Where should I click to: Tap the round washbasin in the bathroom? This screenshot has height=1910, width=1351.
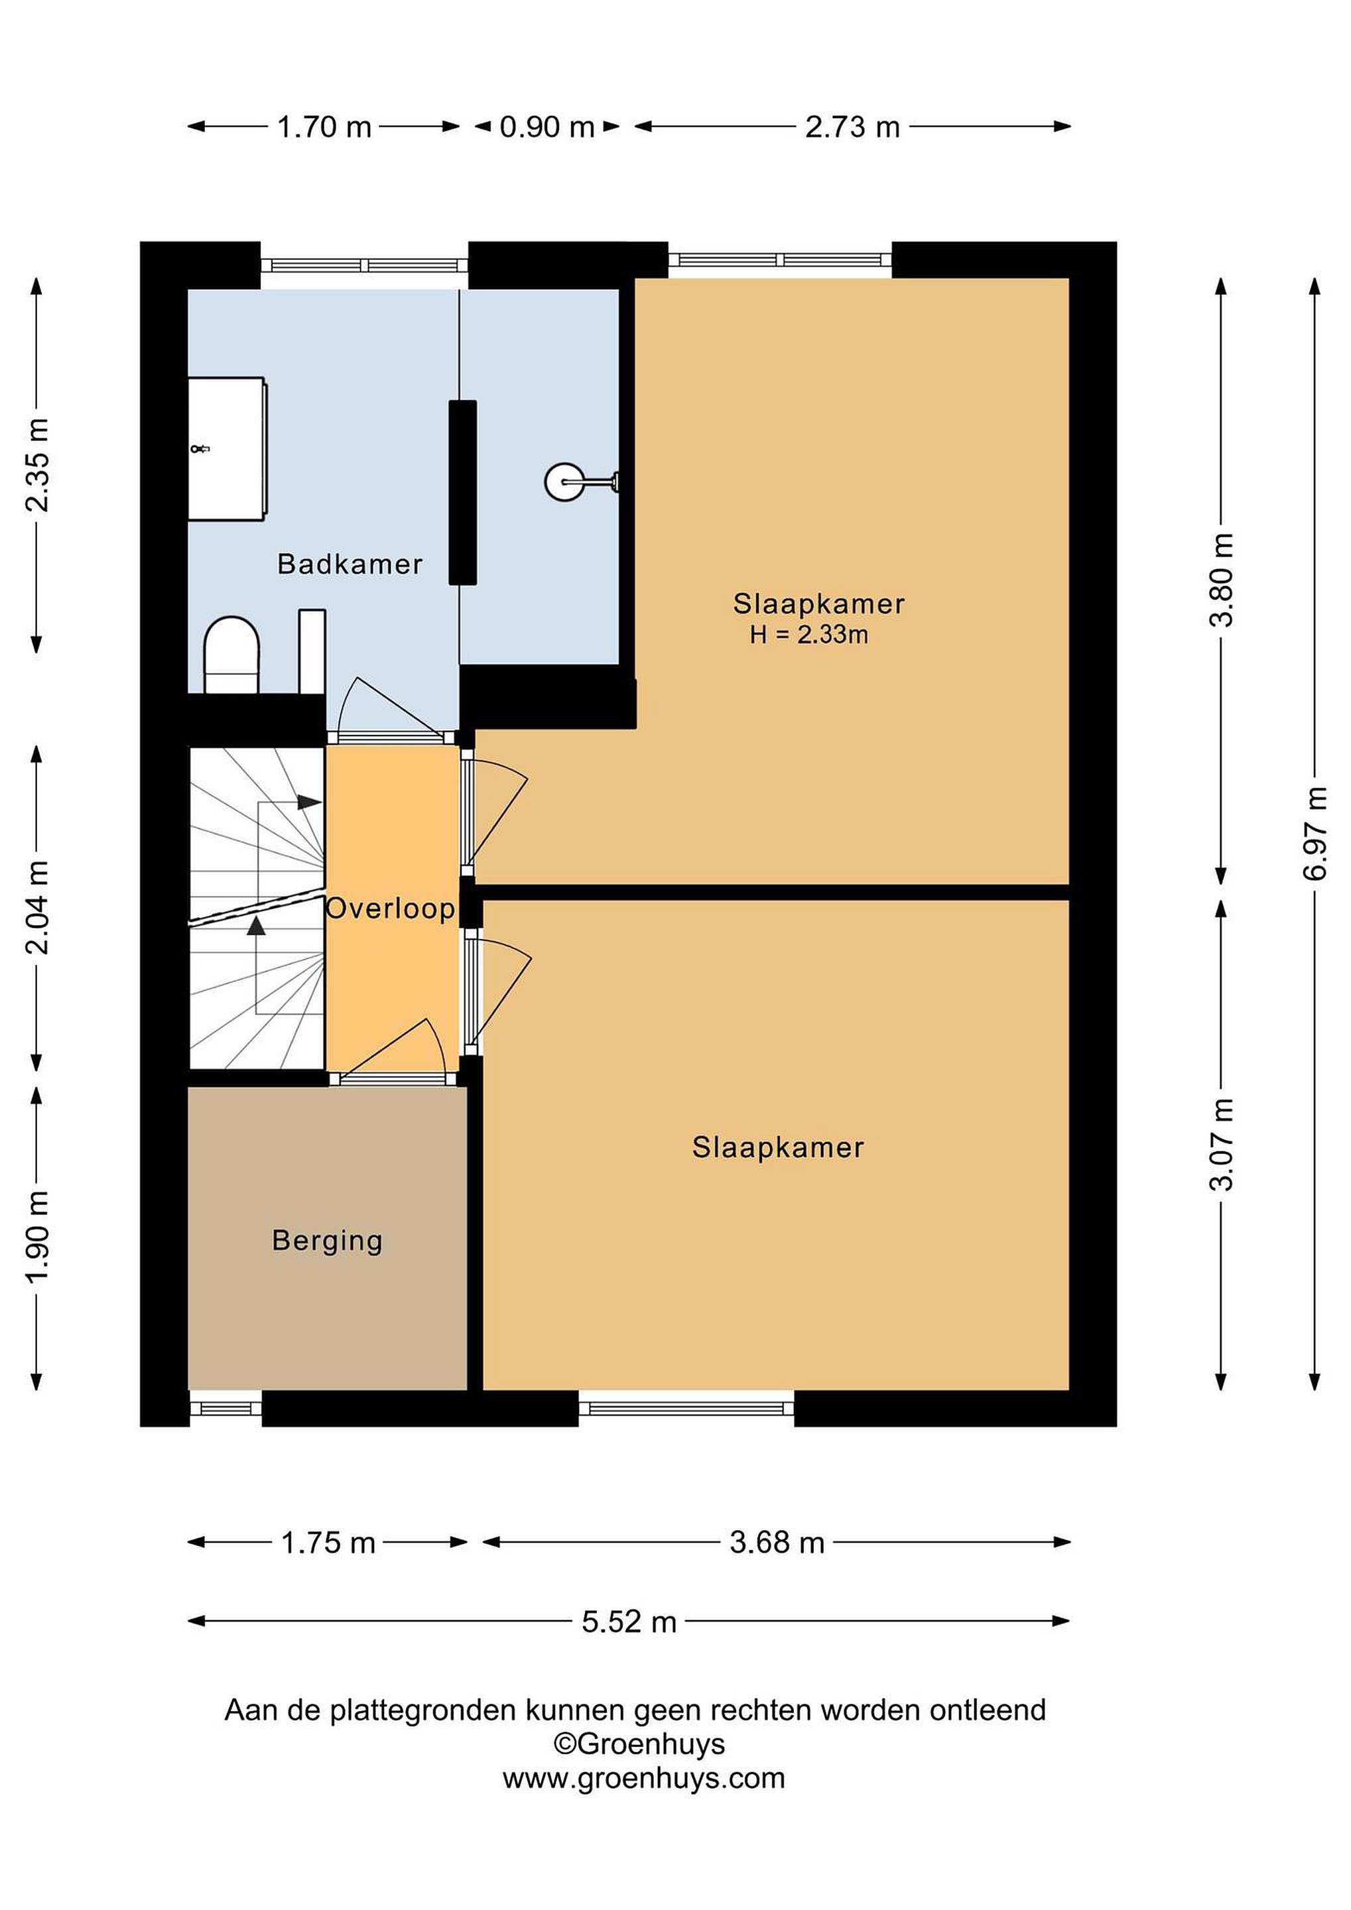pos(566,481)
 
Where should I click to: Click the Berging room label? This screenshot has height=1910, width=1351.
pos(327,1241)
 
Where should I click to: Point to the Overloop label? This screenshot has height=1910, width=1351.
pos(390,909)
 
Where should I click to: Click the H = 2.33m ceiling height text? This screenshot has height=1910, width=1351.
pos(808,635)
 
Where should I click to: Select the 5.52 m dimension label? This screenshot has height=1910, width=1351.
pos(629,1622)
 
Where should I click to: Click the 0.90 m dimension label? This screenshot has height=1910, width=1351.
pos(547,127)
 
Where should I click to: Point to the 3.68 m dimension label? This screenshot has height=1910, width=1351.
pos(777,1543)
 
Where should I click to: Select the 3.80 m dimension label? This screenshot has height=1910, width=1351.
pos(1221,580)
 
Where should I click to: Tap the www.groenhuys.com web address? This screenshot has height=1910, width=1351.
pos(643,1779)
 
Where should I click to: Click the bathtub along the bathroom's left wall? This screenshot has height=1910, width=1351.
pos(227,449)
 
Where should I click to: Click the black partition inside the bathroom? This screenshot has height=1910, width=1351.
pos(462,493)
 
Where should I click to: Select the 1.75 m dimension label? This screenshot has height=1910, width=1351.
pos(328,1544)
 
